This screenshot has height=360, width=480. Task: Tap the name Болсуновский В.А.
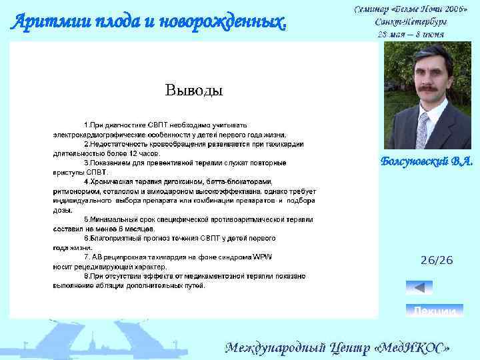click(427, 161)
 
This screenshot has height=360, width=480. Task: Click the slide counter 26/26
click(436, 260)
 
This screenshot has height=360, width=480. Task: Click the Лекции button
click(435, 311)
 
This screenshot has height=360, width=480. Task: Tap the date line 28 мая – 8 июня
click(411, 33)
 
